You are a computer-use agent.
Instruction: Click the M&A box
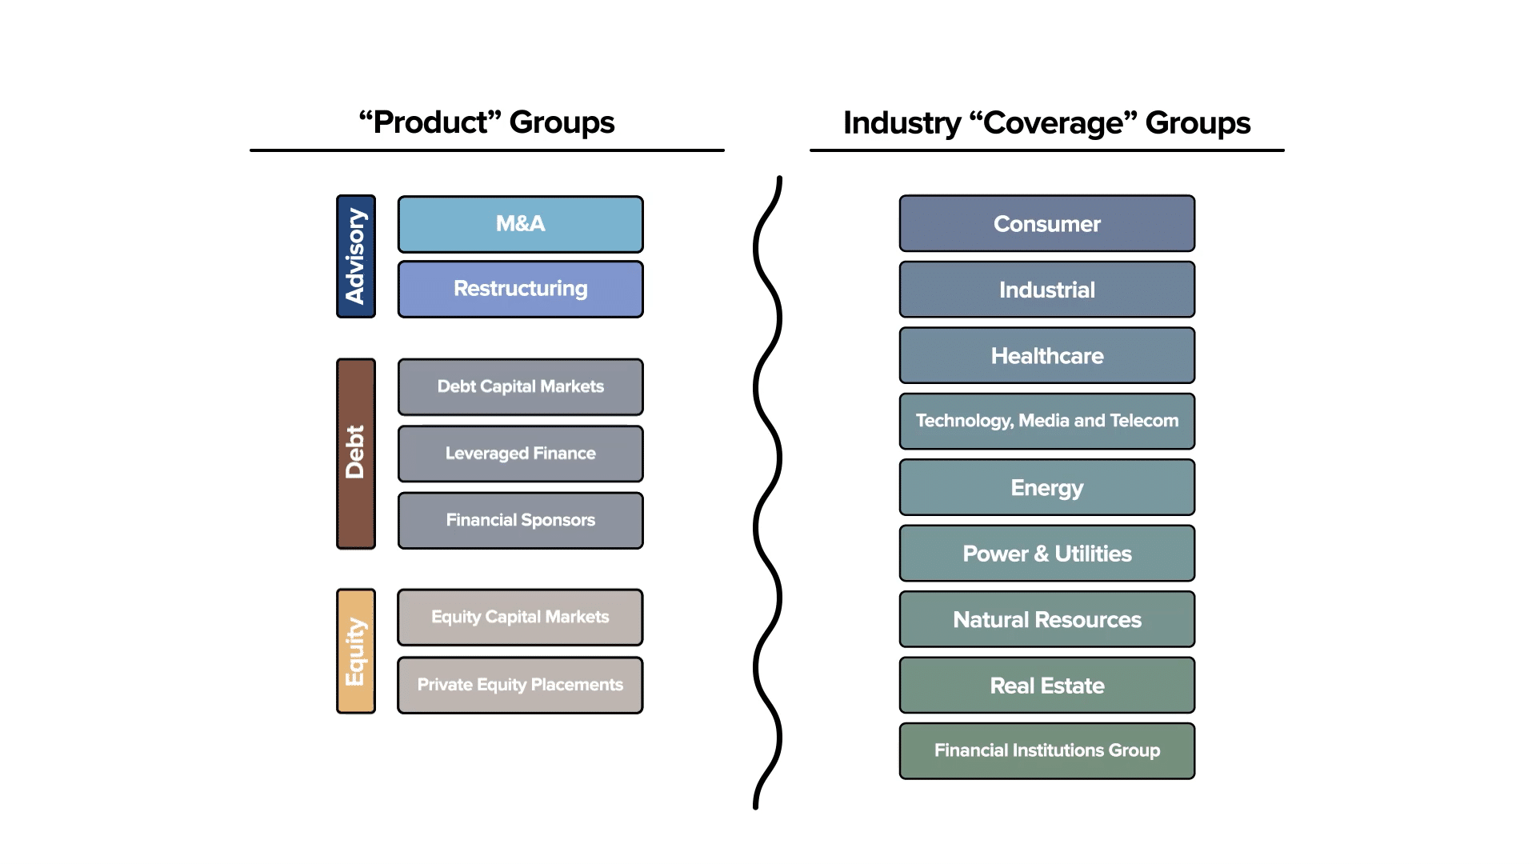click(x=520, y=224)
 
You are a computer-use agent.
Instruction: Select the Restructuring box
click(x=520, y=289)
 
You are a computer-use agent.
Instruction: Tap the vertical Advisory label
click(x=356, y=256)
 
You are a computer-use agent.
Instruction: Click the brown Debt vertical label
click(x=356, y=454)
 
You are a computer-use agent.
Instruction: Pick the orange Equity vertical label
click(x=356, y=651)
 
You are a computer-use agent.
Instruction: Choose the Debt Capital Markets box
click(x=520, y=386)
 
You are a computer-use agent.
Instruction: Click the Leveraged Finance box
click(x=520, y=454)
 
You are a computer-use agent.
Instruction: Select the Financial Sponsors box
click(x=520, y=520)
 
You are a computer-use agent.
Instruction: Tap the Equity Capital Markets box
click(x=520, y=617)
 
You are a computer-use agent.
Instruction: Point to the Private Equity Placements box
click(x=520, y=685)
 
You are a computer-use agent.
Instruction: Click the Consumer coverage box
click(x=1046, y=224)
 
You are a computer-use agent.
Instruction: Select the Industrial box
click(x=1046, y=290)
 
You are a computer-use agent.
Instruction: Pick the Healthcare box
click(x=1046, y=356)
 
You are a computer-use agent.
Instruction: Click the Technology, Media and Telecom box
click(x=1046, y=421)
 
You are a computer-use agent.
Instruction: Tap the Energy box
click(x=1046, y=487)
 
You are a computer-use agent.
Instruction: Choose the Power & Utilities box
click(x=1046, y=554)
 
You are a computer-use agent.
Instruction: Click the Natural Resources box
click(x=1046, y=619)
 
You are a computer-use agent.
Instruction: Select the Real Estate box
click(x=1046, y=686)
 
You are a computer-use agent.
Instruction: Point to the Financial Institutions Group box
click(x=1046, y=750)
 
